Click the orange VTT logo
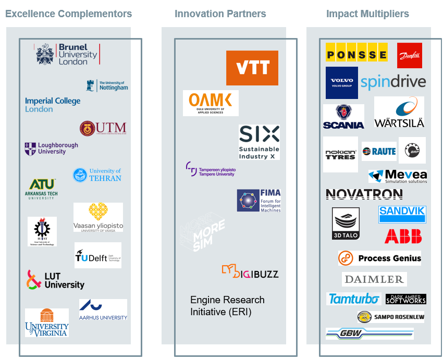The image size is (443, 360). point(252,68)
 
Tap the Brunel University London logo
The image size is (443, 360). point(68,54)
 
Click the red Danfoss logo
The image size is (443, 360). point(409,55)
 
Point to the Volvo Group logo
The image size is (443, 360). point(342,83)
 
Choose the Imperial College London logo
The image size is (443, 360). point(53,105)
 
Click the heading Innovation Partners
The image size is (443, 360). point(220,14)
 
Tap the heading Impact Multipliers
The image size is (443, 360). point(367,14)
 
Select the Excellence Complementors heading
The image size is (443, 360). point(68,14)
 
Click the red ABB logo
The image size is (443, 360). point(403,237)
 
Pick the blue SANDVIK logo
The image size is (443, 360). point(402,214)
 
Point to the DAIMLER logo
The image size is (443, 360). point(374,279)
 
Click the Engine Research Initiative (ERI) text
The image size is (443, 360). point(227,306)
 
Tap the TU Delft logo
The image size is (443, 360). point(98,255)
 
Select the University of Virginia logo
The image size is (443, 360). point(47,322)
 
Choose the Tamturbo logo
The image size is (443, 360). point(353,299)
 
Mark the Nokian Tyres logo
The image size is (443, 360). point(340,154)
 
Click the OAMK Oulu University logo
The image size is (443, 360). point(211,103)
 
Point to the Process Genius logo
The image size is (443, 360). point(379,258)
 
